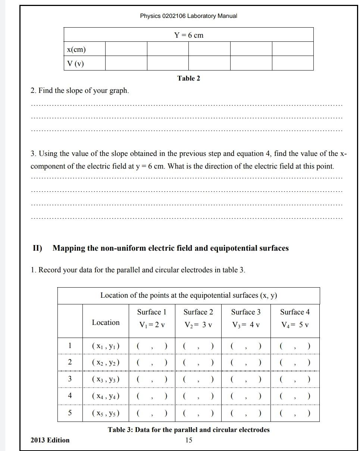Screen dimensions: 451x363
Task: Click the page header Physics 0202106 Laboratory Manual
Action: tap(188, 16)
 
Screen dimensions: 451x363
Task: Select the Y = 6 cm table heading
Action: tap(188, 35)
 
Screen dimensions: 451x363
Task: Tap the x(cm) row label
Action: tap(76, 49)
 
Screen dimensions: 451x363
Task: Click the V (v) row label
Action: tap(75, 63)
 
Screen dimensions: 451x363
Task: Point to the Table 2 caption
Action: tap(188, 78)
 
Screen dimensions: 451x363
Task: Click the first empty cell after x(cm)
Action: tap(126, 49)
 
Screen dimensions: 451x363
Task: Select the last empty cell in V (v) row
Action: tap(292, 63)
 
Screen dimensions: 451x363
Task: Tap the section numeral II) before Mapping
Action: tap(37, 248)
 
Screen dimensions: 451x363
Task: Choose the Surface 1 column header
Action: tap(151, 312)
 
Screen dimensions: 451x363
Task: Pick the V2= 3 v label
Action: tap(198, 325)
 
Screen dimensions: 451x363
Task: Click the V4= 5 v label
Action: tap(295, 325)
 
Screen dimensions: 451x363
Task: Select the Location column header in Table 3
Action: tap(106, 322)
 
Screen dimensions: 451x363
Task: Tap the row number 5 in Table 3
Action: tap(70, 413)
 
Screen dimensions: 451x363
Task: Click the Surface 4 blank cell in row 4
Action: tap(295, 396)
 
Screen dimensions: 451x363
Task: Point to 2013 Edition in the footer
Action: tap(50, 440)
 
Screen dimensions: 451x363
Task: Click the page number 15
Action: tap(189, 440)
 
